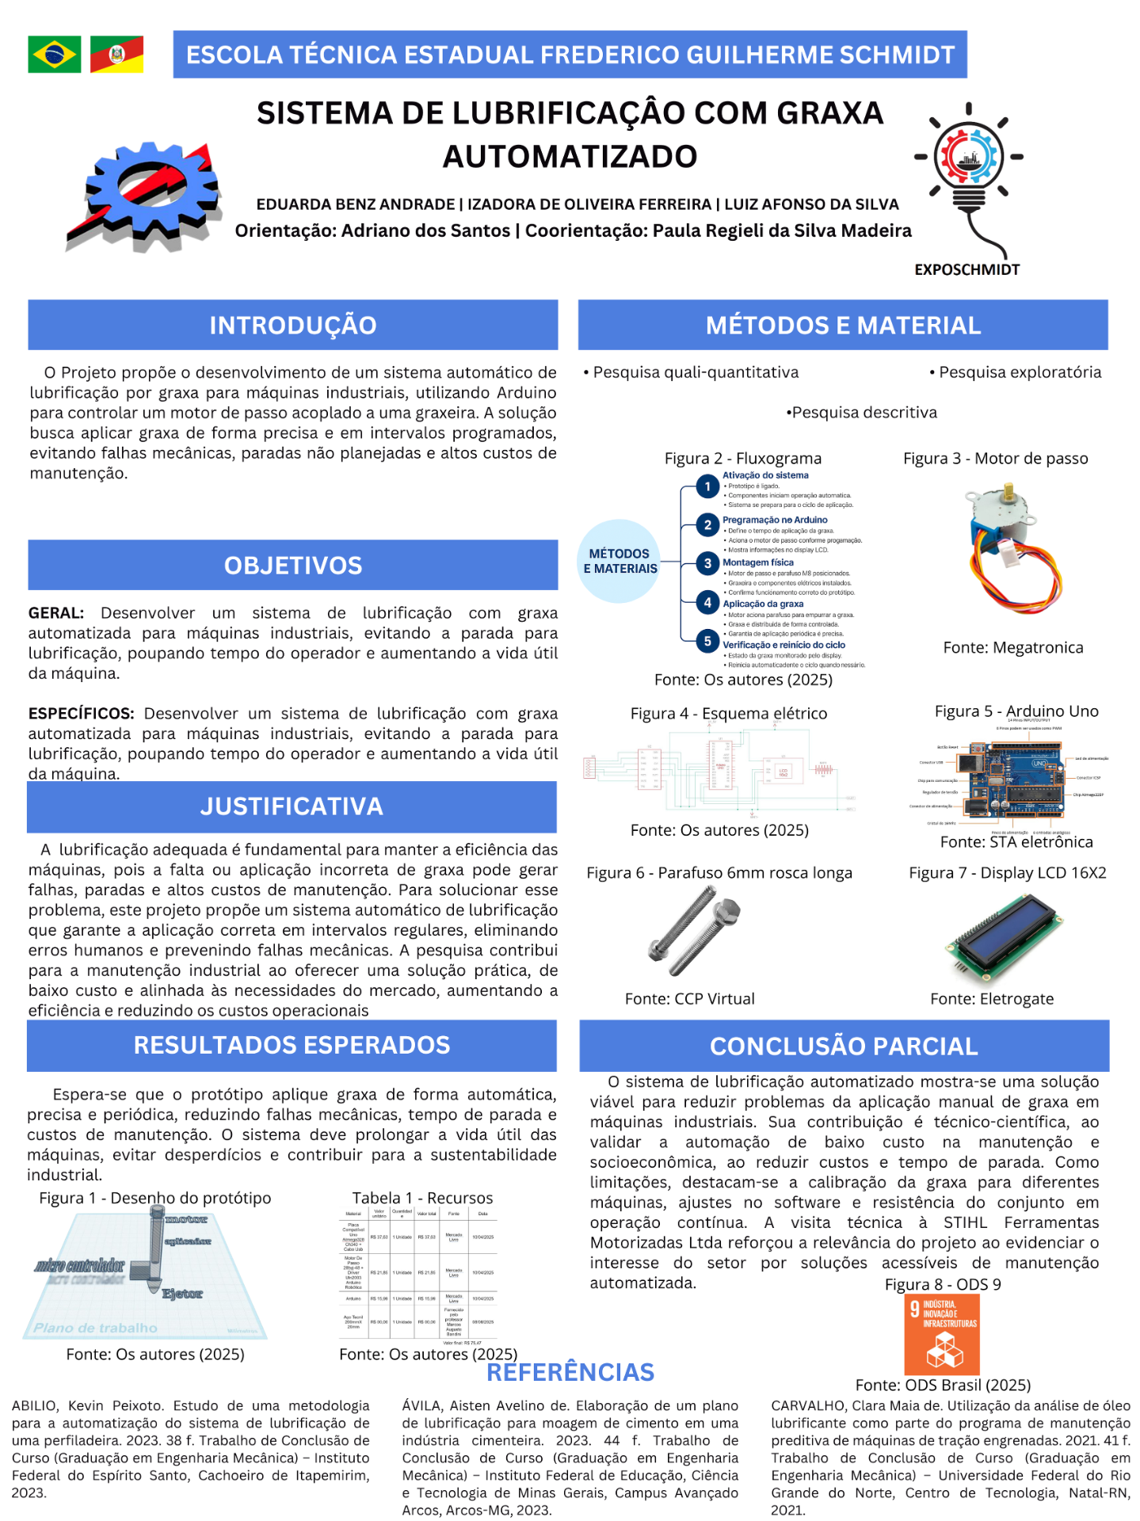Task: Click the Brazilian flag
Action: [54, 55]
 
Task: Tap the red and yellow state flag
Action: [116, 55]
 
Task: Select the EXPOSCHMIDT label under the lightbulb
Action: [967, 269]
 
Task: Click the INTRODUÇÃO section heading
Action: [292, 325]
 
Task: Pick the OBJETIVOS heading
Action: [292, 566]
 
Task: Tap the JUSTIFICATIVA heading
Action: [292, 806]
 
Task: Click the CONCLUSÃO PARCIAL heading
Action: [844, 1046]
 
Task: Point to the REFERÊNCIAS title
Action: [570, 1372]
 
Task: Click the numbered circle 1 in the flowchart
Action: [707, 486]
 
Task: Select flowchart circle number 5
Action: [707, 642]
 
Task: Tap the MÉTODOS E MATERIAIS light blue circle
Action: [620, 561]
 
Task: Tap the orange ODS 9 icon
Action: [942, 1335]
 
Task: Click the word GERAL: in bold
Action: [56, 613]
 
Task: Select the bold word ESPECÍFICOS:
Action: [81, 714]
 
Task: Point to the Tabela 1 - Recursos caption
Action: [422, 1198]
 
